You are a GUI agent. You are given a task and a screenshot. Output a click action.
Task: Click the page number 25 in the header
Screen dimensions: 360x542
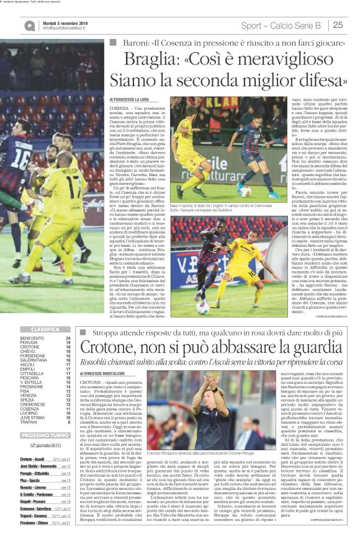pos(339,25)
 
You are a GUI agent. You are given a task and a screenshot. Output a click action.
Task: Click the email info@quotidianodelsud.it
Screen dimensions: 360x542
pos(68,29)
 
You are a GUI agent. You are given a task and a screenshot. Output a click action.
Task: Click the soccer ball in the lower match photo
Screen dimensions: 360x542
pos(202,308)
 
